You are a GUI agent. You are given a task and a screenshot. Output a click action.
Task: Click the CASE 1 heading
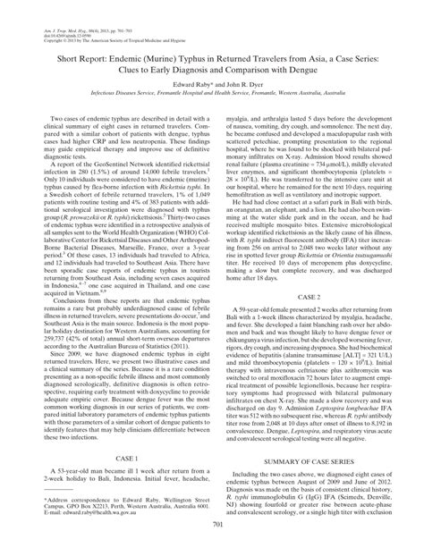click(114, 455)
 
